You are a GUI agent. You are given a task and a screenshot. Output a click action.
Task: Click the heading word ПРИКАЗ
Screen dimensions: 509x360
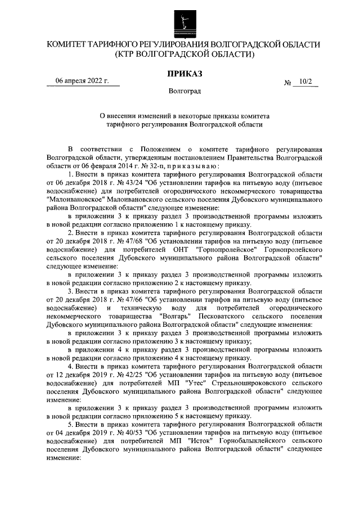183,74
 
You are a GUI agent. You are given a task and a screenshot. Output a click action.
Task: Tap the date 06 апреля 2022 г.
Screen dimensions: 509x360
83,80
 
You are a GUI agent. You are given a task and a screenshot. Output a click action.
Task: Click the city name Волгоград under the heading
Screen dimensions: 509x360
183,91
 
